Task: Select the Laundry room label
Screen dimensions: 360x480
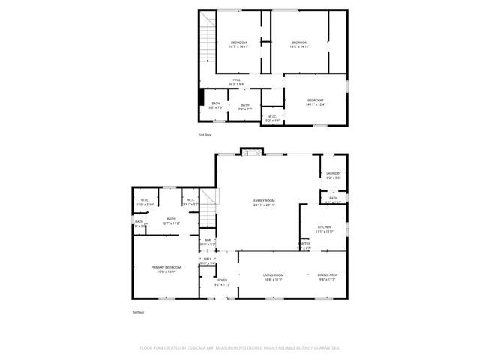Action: [333, 175]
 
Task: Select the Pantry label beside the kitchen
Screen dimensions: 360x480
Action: [305, 245]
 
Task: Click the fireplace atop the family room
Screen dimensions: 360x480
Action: [250, 152]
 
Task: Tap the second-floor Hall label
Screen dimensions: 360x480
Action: [236, 82]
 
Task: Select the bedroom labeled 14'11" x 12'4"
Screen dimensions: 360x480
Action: [315, 102]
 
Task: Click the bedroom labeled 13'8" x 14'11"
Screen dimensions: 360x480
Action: [299, 44]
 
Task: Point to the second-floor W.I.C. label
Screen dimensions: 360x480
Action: [273, 117]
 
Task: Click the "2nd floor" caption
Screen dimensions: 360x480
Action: [205, 135]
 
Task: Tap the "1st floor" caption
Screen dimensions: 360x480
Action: [137, 312]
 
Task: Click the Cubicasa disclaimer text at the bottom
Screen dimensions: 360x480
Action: [240, 348]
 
